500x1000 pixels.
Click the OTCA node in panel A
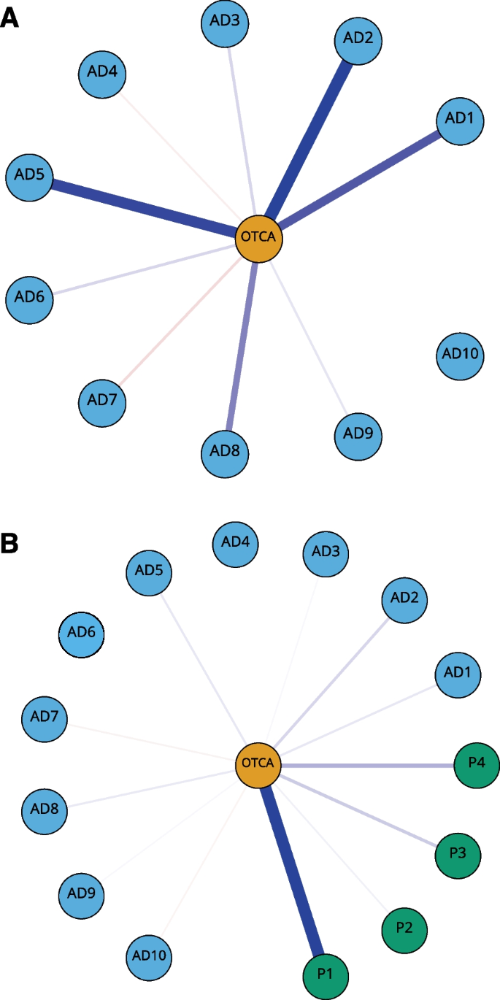pos(258,237)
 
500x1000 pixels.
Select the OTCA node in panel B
pos(258,764)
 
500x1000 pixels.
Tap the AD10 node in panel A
pos(460,355)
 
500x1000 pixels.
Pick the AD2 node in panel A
pos(358,39)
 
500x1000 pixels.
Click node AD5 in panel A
pos(29,175)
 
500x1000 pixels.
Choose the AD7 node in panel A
pos(102,401)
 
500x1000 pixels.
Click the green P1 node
pos(326,974)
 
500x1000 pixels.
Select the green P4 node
pos(477,764)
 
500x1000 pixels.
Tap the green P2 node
pos(404,929)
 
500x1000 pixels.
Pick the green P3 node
pos(458,853)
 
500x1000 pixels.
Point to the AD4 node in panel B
pos(235,542)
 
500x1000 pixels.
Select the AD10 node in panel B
pos(150,955)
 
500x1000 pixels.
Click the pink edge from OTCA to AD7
pos(179,320)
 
